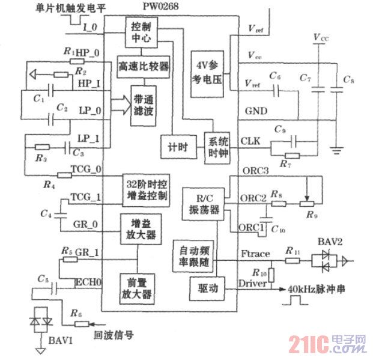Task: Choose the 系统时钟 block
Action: [x=218, y=145]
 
